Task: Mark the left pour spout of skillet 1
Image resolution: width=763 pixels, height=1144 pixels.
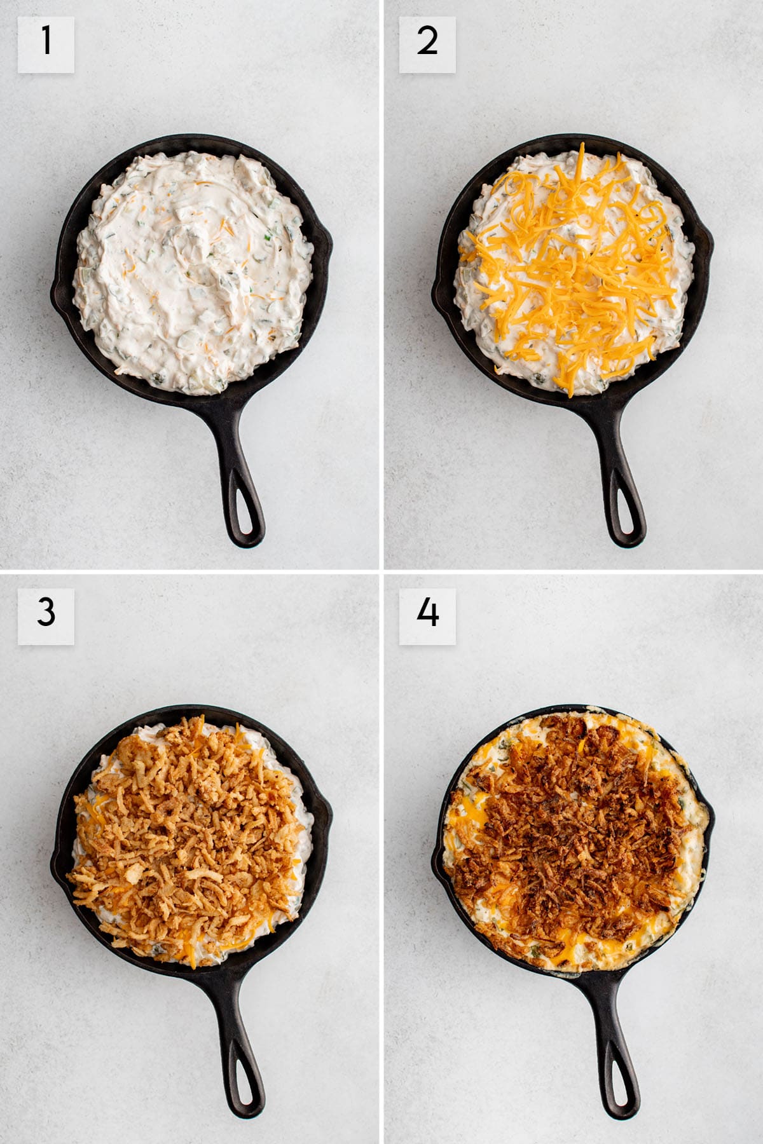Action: pos(56,299)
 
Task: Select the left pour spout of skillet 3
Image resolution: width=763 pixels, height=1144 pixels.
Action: pos(56,871)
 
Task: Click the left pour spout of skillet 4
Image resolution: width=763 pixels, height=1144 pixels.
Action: pos(437,871)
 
